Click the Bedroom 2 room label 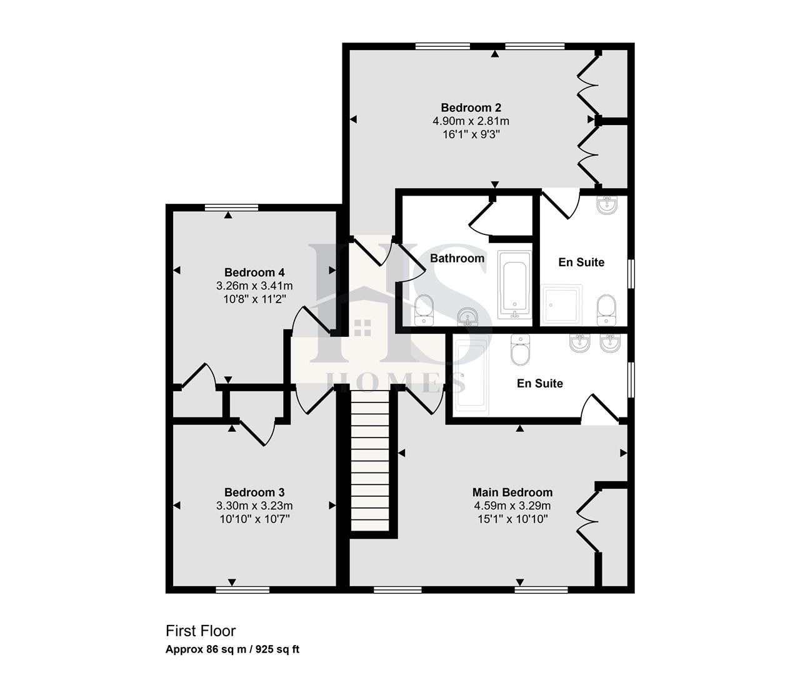471,107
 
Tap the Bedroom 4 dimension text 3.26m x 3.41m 254,286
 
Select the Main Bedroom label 512,492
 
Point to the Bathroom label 457,258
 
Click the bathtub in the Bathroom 514,285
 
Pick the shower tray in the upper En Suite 562,304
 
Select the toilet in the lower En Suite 520,351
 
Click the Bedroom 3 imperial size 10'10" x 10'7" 254,519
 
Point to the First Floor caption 200,631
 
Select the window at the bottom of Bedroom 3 242,589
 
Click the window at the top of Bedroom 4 231,207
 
